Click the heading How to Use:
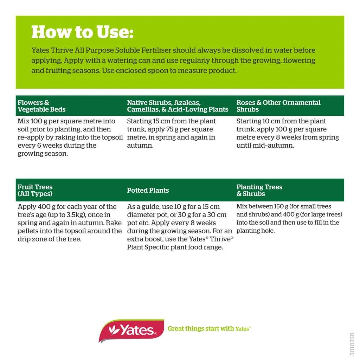click(82, 32)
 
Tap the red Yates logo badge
click(131, 330)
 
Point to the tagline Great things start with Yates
click(209, 329)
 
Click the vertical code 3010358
click(352, 344)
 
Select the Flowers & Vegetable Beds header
click(41, 106)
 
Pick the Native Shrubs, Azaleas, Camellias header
click(178, 106)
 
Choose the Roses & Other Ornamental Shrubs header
click(278, 106)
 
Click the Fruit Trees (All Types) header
click(35, 190)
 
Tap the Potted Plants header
click(148, 190)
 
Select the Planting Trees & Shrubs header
click(259, 190)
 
